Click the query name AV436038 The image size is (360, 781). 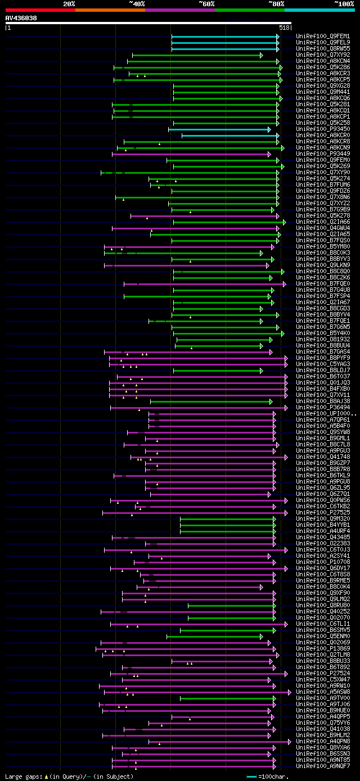(x=21, y=18)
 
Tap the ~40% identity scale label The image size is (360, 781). (x=137, y=4)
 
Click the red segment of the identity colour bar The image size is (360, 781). (x=40, y=10)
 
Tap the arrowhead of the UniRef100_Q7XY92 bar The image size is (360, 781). (x=261, y=55)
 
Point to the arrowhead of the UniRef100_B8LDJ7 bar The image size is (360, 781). (x=261, y=371)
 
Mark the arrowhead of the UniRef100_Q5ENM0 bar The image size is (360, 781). (x=261, y=636)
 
